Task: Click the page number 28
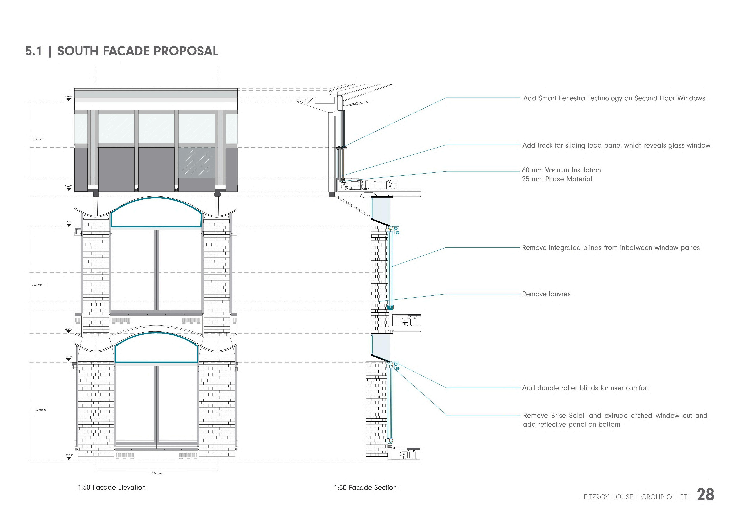pos(706,495)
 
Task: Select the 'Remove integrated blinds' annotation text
pos(611,248)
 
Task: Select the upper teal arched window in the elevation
pos(156,213)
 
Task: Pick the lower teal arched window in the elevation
pos(156,349)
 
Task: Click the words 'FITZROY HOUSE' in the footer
pos(608,497)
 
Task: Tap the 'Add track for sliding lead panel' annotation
pos(616,145)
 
